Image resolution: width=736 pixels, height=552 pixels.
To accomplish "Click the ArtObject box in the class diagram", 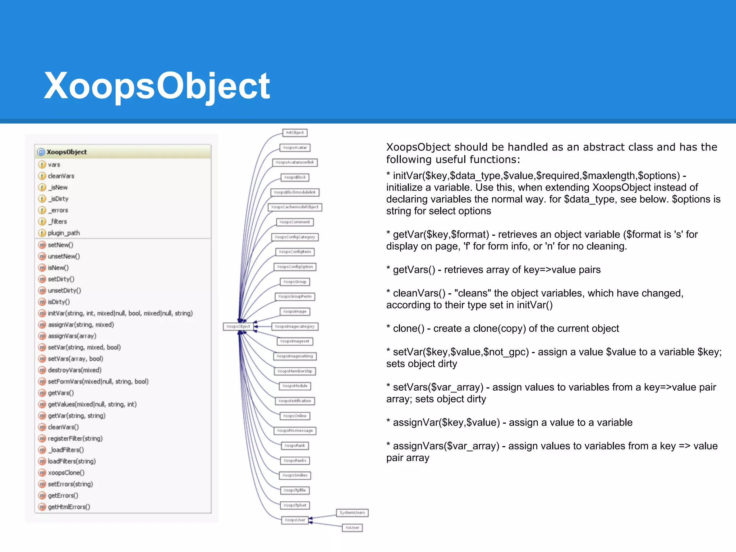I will point(295,133).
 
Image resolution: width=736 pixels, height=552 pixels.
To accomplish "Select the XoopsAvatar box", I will point(295,148).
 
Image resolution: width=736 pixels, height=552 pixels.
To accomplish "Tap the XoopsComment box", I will point(295,222).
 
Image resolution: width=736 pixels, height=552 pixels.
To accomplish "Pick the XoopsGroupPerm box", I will point(295,296).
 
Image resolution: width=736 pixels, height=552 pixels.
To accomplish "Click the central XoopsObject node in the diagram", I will point(238,326).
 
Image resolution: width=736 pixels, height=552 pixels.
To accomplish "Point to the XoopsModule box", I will point(295,386).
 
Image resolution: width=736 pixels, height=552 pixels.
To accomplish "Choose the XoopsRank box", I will point(295,446).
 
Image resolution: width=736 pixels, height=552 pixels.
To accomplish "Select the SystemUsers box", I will point(352,512).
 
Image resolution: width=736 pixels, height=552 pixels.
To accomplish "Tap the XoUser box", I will point(352,528).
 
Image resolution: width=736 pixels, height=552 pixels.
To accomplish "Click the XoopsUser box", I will point(295,520).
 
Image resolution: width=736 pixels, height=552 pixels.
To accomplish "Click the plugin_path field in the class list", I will point(64,233).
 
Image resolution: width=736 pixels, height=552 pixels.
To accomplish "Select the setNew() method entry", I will point(60,245).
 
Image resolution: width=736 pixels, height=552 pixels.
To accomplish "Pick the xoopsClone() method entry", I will point(66,473).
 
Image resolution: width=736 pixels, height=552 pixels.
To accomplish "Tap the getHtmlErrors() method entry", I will point(69,507).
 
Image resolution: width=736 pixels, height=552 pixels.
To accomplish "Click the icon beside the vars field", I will point(42,165).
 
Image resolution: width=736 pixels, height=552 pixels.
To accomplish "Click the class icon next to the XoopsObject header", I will point(41,152).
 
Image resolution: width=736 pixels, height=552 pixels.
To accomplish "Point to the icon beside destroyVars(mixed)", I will point(42,370).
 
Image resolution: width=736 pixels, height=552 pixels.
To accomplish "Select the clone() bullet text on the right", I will point(506,328).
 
